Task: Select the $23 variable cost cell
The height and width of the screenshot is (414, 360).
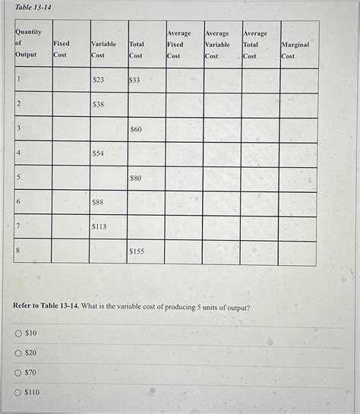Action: coord(98,79)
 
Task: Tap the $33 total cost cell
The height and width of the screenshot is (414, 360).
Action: coord(134,79)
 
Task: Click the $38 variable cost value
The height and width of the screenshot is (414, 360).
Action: coord(98,104)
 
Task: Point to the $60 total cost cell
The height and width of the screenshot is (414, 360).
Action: coord(136,129)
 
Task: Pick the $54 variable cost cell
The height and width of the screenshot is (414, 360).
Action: coord(98,153)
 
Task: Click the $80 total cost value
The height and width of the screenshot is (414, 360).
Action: coord(136,178)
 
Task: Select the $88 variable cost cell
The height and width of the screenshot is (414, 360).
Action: coord(98,202)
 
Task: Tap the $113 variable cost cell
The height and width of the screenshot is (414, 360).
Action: coord(99,226)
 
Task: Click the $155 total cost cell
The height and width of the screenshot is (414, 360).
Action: coord(137,250)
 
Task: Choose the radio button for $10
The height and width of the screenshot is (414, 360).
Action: coord(17,333)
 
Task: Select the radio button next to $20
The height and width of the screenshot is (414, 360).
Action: coord(17,353)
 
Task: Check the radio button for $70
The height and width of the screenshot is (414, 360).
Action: coord(17,373)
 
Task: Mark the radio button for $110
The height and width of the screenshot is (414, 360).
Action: coord(17,393)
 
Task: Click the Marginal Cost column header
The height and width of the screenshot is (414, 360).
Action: coord(295,50)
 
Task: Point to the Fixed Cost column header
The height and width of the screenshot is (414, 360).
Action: coord(61,49)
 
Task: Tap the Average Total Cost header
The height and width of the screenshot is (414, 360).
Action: coord(255,45)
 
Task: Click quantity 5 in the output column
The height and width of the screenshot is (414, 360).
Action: coord(18,177)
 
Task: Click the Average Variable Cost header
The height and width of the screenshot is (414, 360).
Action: coord(217,45)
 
